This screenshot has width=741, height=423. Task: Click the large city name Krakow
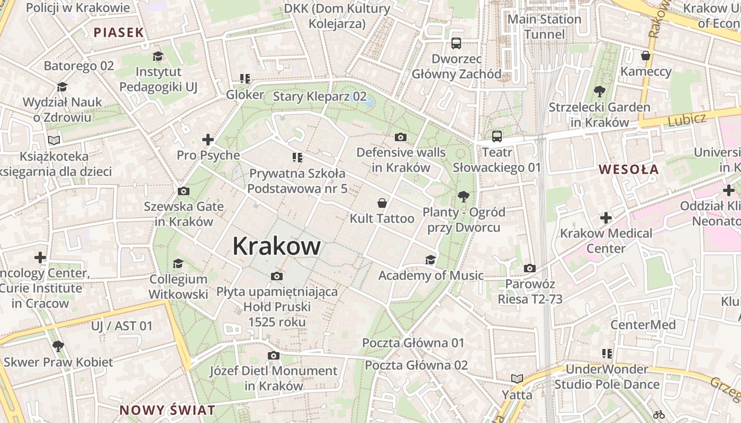pyautogui.click(x=276, y=246)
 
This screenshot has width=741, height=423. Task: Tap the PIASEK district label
pyautogui.click(x=119, y=32)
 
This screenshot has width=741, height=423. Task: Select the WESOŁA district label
pyautogui.click(x=629, y=170)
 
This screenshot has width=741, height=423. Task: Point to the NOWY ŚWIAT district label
pyautogui.click(x=167, y=410)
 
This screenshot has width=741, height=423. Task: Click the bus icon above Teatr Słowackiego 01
pyautogui.click(x=496, y=136)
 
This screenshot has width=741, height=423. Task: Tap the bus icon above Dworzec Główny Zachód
pyautogui.click(x=456, y=43)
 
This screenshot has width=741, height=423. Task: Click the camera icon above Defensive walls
pyautogui.click(x=401, y=137)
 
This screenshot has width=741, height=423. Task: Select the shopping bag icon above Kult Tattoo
pyautogui.click(x=382, y=203)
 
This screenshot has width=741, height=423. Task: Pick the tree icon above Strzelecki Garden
pyautogui.click(x=599, y=91)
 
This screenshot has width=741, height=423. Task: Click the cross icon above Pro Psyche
pyautogui.click(x=208, y=140)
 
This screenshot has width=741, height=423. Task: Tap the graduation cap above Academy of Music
pyautogui.click(x=430, y=260)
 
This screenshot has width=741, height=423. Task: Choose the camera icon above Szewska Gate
pyautogui.click(x=183, y=191)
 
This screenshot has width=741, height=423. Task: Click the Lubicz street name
pyautogui.click(x=686, y=119)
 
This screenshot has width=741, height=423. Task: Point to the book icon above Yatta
pyautogui.click(x=517, y=379)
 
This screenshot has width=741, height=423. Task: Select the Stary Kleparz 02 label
pyautogui.click(x=320, y=96)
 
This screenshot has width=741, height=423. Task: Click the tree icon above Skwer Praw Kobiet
pyautogui.click(x=58, y=346)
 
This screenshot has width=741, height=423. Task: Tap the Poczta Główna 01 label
pyautogui.click(x=413, y=343)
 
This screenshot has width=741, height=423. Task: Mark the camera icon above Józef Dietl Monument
pyautogui.click(x=273, y=355)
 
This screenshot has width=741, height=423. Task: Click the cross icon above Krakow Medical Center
pyautogui.click(x=606, y=217)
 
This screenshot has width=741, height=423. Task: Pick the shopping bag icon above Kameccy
pyautogui.click(x=645, y=56)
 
